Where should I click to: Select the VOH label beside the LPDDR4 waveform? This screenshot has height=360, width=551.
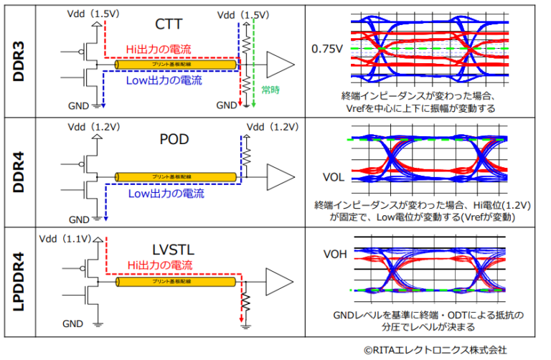tap(334, 253)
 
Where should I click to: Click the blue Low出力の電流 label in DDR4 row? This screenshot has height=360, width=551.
tap(166, 194)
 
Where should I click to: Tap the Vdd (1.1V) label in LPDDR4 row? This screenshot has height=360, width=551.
tap(66, 238)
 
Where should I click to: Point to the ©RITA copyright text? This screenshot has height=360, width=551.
tap(435, 350)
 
